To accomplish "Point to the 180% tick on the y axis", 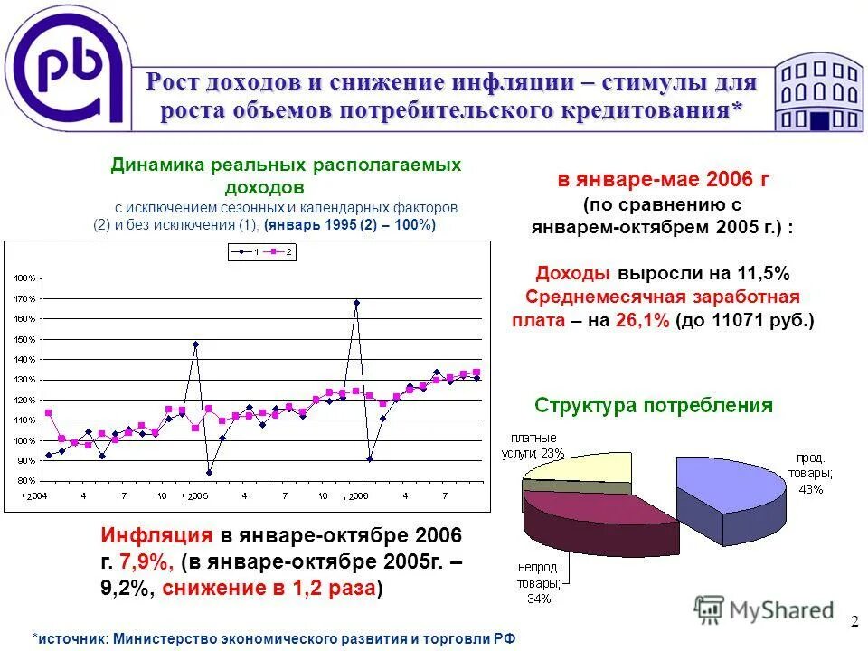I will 24,278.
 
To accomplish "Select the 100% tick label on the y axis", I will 24,441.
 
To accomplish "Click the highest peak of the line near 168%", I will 356,303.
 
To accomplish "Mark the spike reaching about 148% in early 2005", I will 195,344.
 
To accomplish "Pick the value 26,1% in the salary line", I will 642,320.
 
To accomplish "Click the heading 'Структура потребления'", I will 654,405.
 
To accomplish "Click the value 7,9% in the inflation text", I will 149,561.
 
